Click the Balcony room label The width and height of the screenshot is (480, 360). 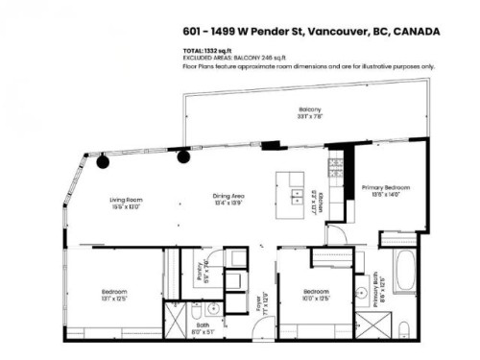coord(309,111)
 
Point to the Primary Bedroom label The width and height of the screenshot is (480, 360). coord(384,188)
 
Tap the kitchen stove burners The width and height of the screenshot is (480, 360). coord(335,169)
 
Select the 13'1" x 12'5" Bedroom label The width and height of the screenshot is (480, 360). coord(115,293)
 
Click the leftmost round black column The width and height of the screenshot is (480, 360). coord(101,162)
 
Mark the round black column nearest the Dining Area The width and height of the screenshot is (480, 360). coord(182,156)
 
